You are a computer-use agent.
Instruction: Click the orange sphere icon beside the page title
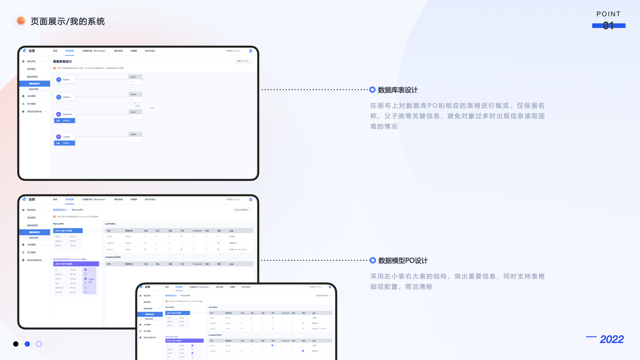pyautogui.click(x=21, y=21)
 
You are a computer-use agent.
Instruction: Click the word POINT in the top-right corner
pyautogui.click(x=608, y=14)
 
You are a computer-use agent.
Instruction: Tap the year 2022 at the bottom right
pyautogui.click(x=611, y=340)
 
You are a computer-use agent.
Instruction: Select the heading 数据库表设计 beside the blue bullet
pyautogui.click(x=398, y=90)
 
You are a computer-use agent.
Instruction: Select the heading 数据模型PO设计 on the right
pyautogui.click(x=402, y=261)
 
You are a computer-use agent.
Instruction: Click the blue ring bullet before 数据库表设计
pyautogui.click(x=372, y=90)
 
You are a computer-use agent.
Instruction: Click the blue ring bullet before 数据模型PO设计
pyautogui.click(x=372, y=260)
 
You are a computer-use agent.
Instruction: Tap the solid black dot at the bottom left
pyautogui.click(x=16, y=344)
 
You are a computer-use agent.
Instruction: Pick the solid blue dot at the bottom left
pyautogui.click(x=27, y=344)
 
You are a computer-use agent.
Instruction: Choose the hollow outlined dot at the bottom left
pyautogui.click(x=38, y=344)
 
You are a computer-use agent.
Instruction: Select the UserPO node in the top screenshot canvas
pyautogui.click(x=64, y=137)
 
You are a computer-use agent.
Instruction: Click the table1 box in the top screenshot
pyautogui.click(x=134, y=77)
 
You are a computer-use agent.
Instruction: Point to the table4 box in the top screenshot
pyautogui.click(x=134, y=134)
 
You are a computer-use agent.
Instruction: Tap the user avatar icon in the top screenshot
pyautogui.click(x=251, y=51)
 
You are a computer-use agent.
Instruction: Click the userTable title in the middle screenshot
pyautogui.click(x=111, y=224)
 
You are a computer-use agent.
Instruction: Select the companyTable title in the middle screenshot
pyautogui.click(x=113, y=257)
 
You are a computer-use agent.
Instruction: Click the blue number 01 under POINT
pyautogui.click(x=608, y=26)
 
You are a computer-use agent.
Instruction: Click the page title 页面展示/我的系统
pyautogui.click(x=67, y=22)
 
